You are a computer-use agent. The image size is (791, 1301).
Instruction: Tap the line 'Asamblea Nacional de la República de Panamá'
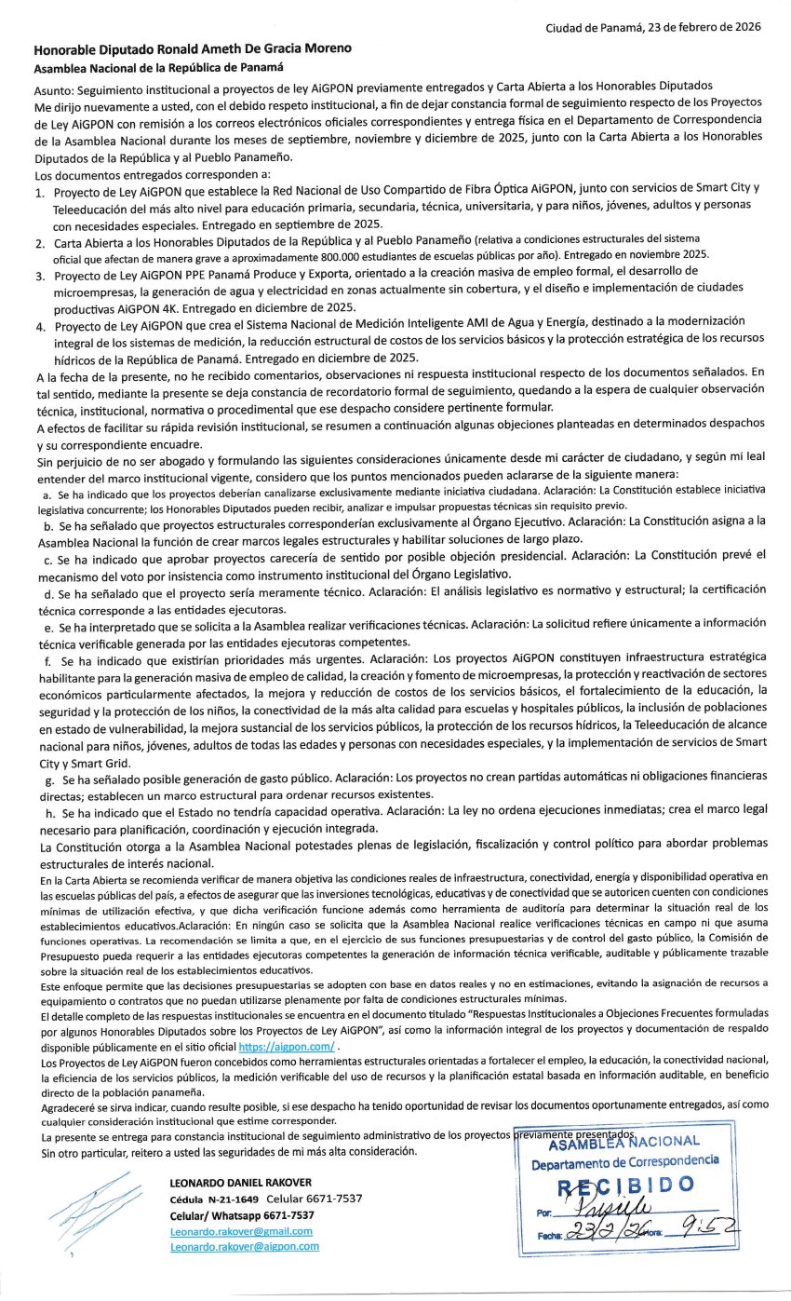tap(158, 68)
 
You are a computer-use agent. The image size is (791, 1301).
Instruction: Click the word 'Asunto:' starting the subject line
tap(54, 87)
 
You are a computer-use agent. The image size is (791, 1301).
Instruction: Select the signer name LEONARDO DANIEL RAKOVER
tap(240, 1183)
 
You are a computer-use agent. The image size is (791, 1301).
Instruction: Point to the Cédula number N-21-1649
tap(233, 1199)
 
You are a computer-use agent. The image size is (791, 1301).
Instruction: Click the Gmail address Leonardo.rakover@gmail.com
tap(241, 1231)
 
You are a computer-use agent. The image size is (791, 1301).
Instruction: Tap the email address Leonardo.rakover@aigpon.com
tap(245, 1247)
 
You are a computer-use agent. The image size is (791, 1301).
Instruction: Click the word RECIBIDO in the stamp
tap(625, 1185)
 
